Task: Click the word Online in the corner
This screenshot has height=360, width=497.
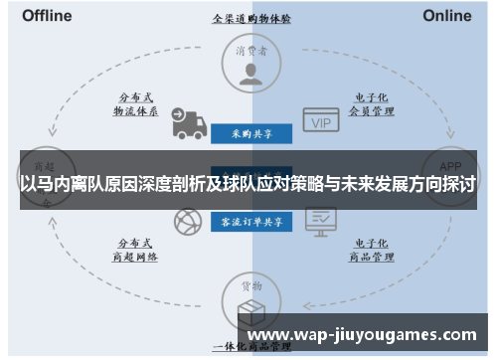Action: (x=447, y=16)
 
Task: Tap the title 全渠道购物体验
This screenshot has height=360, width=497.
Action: (x=250, y=18)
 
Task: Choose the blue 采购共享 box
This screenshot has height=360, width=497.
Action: (x=250, y=132)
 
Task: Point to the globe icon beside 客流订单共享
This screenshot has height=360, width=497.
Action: (x=186, y=223)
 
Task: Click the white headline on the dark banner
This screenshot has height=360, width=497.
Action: (x=248, y=185)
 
